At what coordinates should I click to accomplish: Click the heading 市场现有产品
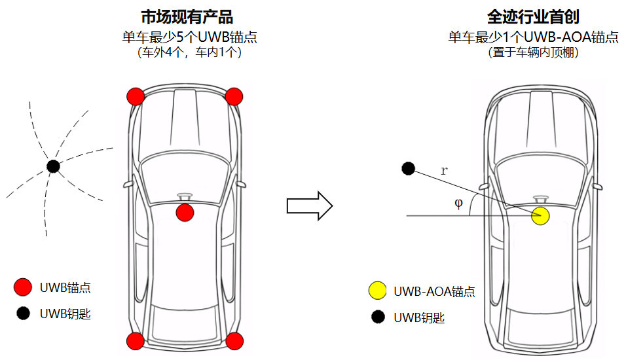pyautogui.click(x=187, y=17)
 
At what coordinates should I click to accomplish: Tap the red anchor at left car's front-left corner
pyautogui.click(x=136, y=96)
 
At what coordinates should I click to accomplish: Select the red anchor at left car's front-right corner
pyautogui.click(x=234, y=96)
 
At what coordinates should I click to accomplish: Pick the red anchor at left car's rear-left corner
pyautogui.click(x=136, y=340)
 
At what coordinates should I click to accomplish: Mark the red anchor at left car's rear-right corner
pyautogui.click(x=234, y=340)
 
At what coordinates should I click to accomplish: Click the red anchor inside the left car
pyautogui.click(x=185, y=212)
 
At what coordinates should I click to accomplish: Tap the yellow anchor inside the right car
pyautogui.click(x=540, y=216)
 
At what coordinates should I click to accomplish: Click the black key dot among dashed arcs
pyautogui.click(x=53, y=166)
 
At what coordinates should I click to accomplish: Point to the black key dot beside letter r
pyautogui.click(x=408, y=169)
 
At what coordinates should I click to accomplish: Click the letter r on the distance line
pyautogui.click(x=445, y=171)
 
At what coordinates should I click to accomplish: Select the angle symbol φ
pyautogui.click(x=458, y=204)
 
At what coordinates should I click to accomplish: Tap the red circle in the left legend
pyautogui.click(x=23, y=287)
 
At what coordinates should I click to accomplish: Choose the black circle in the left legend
pyautogui.click(x=23, y=314)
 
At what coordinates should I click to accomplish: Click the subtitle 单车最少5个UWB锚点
pyautogui.click(x=189, y=37)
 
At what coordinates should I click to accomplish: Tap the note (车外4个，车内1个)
pyautogui.click(x=189, y=53)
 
